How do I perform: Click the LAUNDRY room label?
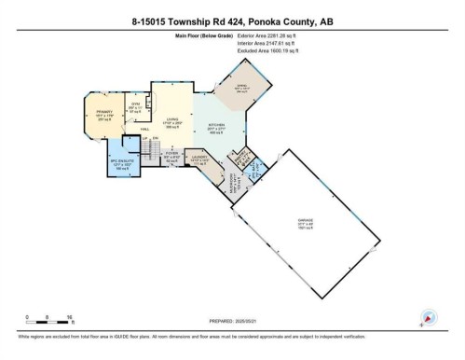click(199, 159)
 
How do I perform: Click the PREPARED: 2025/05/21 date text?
click(231, 323)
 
